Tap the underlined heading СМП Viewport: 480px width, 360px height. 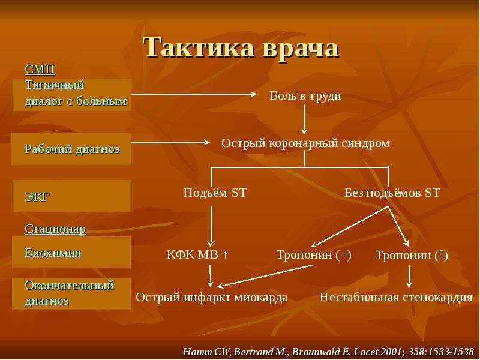pos(40,70)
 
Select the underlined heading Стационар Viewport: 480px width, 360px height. pos(55,229)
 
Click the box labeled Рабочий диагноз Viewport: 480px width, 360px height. pos(71,149)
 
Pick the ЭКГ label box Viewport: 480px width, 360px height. pos(72,196)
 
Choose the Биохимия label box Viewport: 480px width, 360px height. pos(71,252)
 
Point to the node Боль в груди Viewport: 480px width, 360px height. pos(305,96)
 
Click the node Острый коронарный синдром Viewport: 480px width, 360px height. pos(305,143)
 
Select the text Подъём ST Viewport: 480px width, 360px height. pos(215,193)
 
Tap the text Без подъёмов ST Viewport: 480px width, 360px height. pos(392,193)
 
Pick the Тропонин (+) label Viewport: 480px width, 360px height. pos(314,254)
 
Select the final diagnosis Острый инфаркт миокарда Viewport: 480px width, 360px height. pos(212,297)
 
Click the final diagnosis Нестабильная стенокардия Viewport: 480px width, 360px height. pos(396,297)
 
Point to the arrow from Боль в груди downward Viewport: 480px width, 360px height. pos(304,119)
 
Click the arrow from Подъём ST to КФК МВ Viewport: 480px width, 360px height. pos(211,227)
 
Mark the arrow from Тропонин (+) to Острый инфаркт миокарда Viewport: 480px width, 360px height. pos(265,276)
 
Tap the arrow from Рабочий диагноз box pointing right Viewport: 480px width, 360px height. pos(170,142)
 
